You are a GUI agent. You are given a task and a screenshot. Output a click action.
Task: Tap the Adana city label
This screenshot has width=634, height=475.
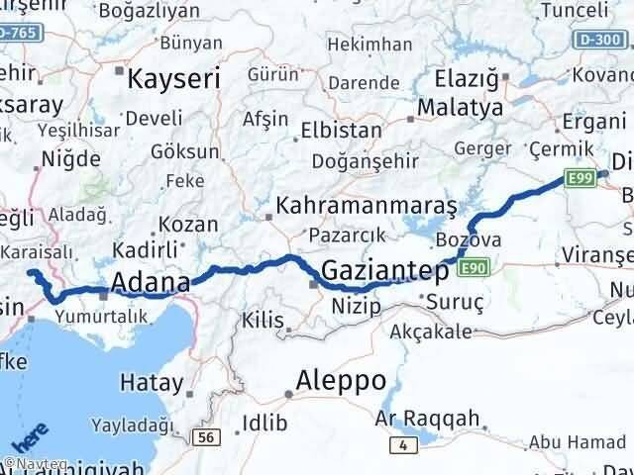[151, 284]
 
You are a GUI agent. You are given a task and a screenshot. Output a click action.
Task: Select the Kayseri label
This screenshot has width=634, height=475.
[164, 76]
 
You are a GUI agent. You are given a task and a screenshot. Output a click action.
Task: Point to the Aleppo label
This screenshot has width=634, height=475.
[341, 381]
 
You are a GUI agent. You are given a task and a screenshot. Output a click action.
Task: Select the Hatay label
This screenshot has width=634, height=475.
[151, 382]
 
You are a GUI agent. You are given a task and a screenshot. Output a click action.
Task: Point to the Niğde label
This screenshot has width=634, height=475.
[69, 158]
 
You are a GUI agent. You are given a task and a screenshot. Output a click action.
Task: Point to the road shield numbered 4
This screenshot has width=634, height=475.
[400, 446]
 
